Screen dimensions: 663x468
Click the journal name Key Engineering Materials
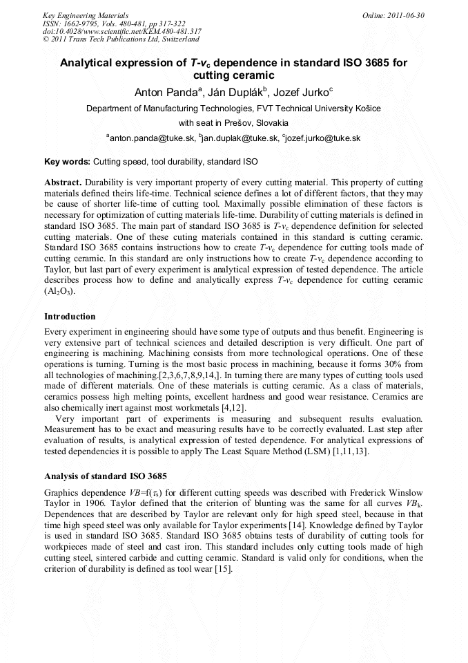81,15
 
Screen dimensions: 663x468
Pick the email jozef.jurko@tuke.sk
322,138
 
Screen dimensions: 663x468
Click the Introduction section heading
70,317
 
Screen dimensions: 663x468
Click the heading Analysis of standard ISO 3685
104,476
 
